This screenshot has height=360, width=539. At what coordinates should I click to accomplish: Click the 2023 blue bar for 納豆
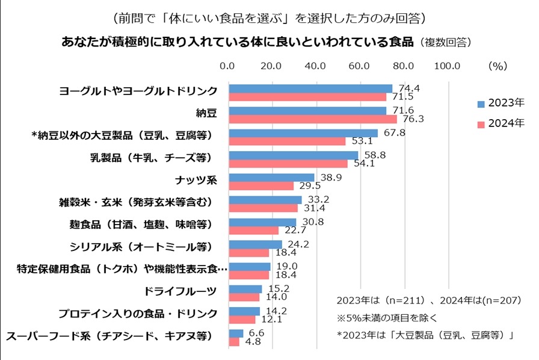pos(307,111)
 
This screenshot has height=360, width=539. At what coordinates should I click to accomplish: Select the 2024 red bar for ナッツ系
pos(260,185)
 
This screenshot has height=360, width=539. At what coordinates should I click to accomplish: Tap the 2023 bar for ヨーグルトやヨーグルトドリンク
pos(310,88)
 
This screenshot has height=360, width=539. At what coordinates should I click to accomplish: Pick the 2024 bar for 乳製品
pos(288,163)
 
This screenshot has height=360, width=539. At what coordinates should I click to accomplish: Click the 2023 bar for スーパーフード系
pos(236,334)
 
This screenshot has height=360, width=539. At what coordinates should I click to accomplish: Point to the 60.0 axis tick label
pos(359,66)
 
